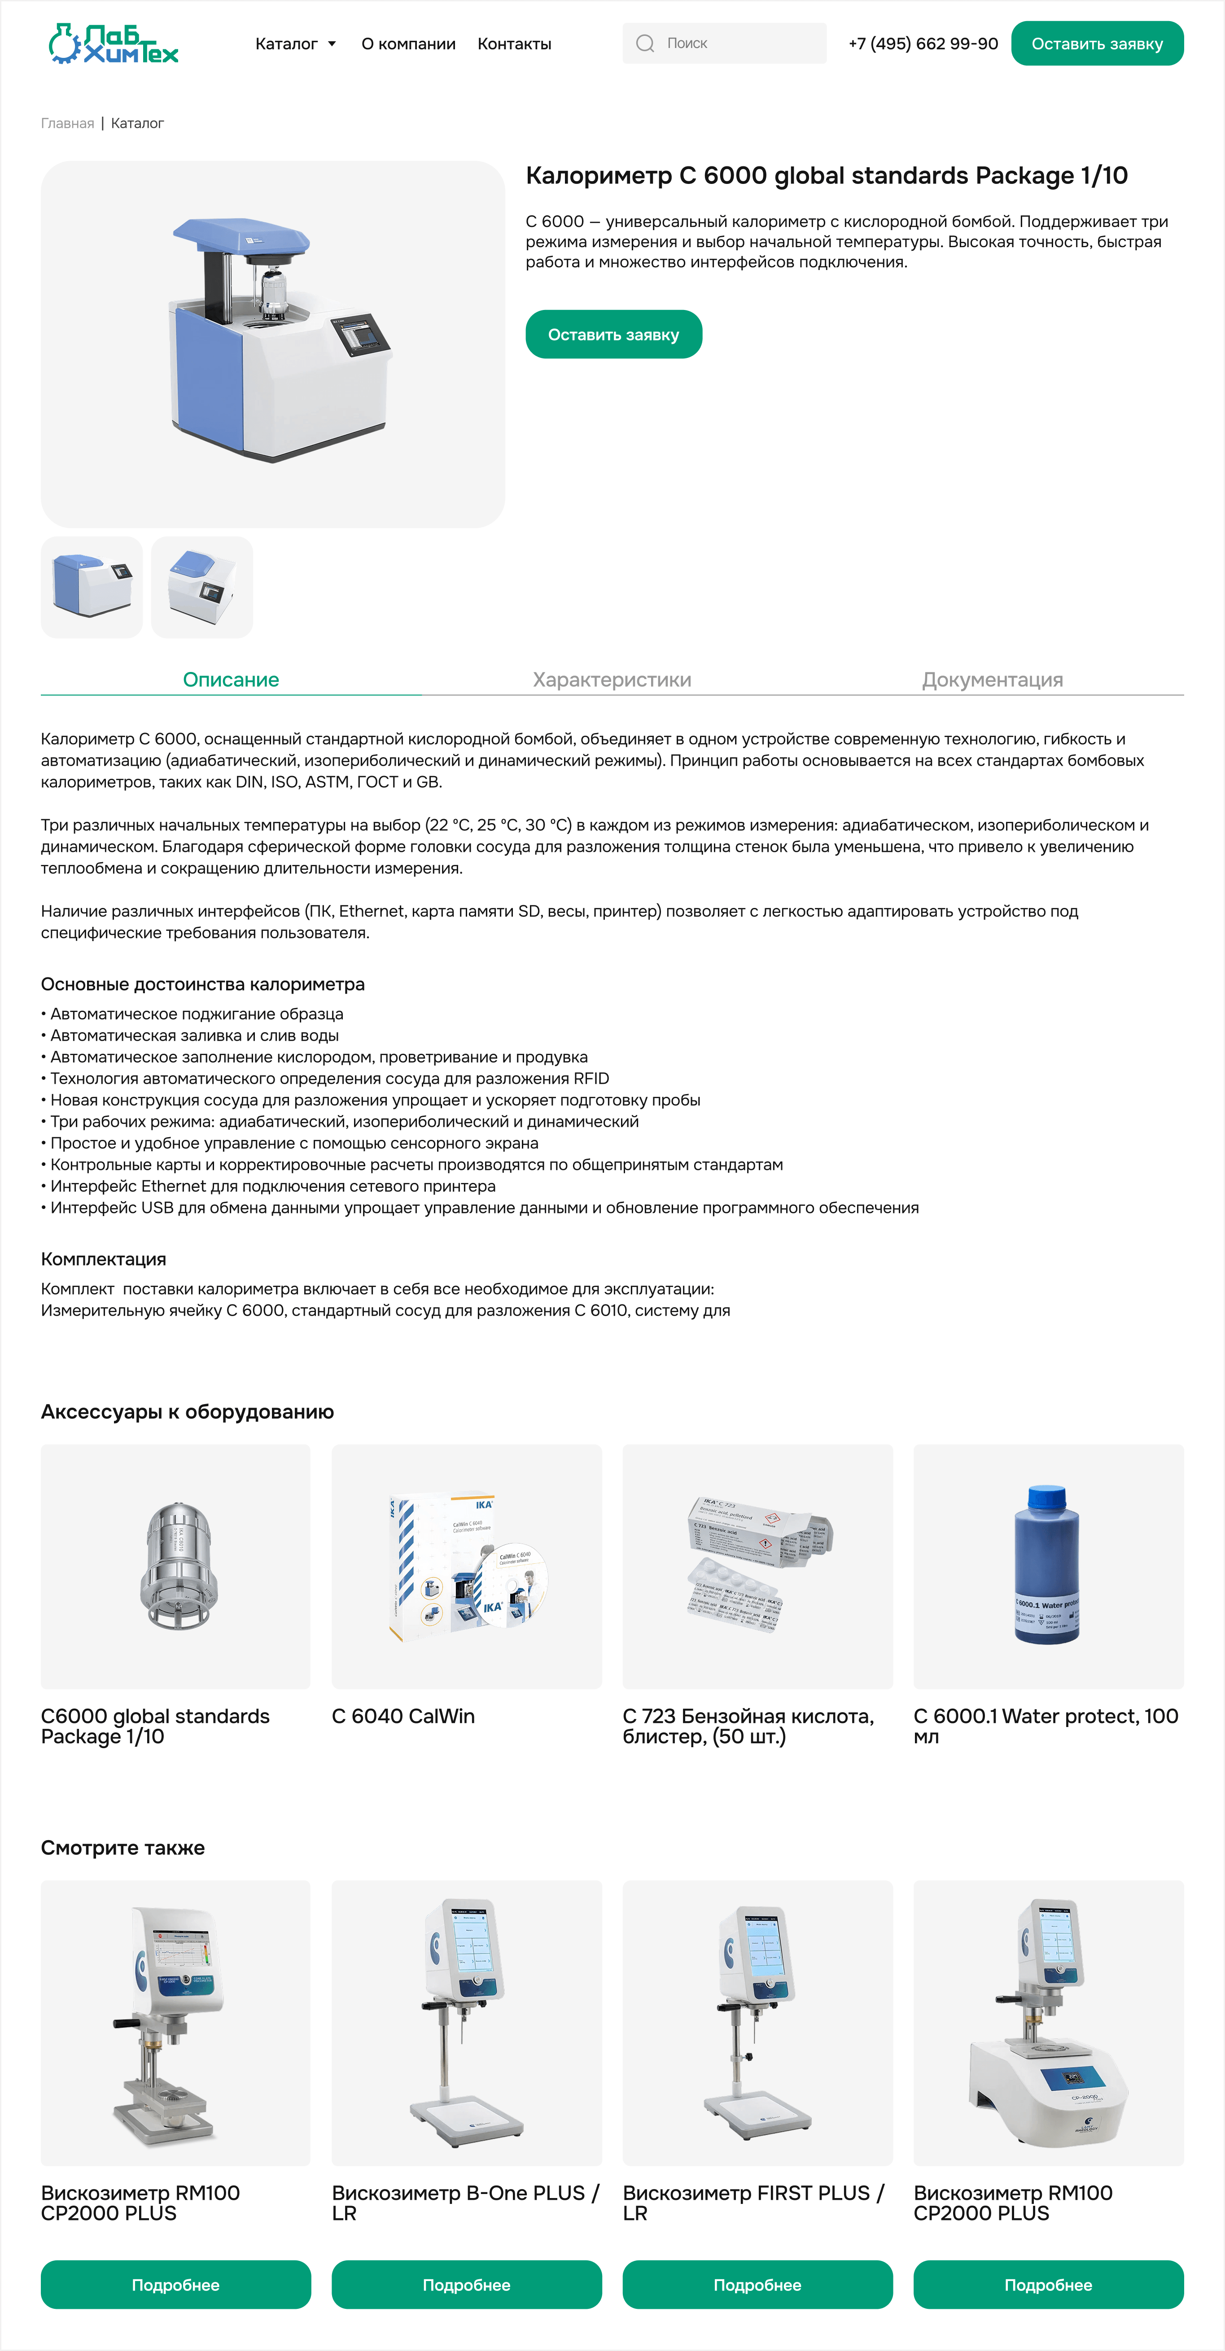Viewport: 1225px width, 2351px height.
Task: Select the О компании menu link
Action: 408,44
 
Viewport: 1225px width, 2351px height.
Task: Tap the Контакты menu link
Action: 514,44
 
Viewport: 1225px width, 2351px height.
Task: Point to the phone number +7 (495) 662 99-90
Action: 923,44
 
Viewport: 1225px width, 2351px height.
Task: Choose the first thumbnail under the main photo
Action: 91,587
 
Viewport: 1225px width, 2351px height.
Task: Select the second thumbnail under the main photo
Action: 202,587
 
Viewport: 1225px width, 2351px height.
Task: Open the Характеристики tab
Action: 612,680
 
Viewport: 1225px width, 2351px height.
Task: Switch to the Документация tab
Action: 992,680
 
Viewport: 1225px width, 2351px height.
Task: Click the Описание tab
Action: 231,680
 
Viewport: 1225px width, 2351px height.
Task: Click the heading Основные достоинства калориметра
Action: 203,984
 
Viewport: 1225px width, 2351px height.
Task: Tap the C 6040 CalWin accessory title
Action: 403,1716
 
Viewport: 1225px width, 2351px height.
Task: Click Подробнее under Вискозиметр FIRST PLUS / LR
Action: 757,2284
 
